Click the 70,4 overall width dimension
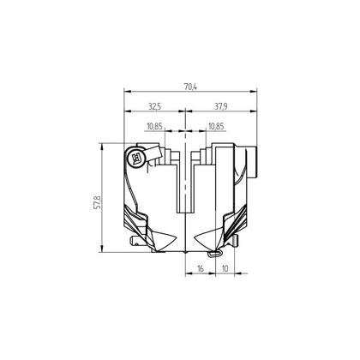190,87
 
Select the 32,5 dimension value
155,106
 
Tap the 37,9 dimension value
221,106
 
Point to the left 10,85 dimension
154,126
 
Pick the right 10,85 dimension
216,126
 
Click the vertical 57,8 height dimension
97,202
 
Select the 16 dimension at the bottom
201,269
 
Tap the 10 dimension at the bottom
225,269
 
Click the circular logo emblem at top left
136,157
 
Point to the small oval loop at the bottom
215,253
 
